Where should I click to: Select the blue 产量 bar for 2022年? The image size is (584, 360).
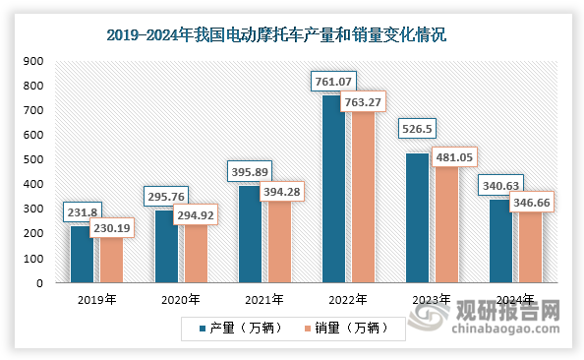[x=334, y=197]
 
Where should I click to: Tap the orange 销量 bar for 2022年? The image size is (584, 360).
[x=360, y=202]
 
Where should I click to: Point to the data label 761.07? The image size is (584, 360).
[x=334, y=80]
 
